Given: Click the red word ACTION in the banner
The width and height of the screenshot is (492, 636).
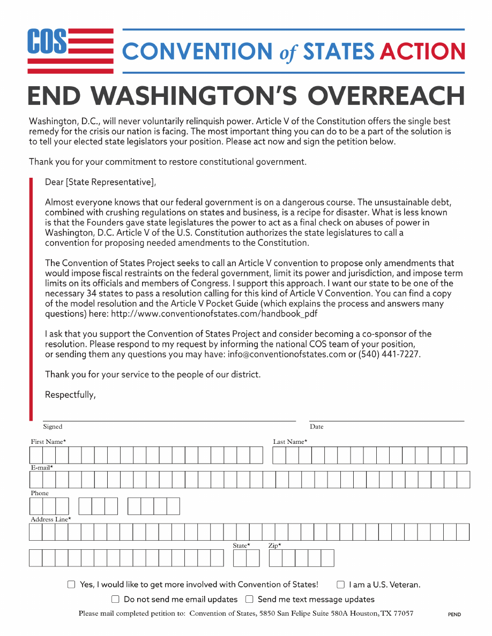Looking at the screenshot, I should (x=422, y=51).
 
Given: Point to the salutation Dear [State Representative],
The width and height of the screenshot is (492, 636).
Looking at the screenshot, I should (x=100, y=182).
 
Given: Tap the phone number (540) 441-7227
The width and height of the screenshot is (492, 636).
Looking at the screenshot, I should (x=390, y=354).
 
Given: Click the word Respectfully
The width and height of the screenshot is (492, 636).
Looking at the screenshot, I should (x=70, y=395).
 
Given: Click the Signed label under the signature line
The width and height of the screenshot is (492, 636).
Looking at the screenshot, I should (x=53, y=427).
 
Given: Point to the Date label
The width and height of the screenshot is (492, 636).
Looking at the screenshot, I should (x=316, y=427).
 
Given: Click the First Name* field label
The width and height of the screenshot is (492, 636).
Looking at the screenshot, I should (x=48, y=442).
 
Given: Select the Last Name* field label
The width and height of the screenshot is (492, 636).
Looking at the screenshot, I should (x=290, y=442).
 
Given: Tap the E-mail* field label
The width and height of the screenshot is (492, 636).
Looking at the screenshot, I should (x=42, y=467).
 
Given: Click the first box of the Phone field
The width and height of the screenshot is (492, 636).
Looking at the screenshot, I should (x=36, y=506).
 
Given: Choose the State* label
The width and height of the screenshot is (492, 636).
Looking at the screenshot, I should (x=241, y=546).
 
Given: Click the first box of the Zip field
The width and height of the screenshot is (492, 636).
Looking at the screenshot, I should (x=275, y=558).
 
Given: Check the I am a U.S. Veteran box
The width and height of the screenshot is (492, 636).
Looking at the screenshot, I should (x=340, y=585).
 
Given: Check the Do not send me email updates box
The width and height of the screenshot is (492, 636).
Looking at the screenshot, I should (x=115, y=599).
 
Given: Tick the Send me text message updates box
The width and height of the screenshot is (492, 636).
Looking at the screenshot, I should (x=249, y=599).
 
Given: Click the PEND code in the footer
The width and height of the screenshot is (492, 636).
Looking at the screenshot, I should (x=454, y=615).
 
